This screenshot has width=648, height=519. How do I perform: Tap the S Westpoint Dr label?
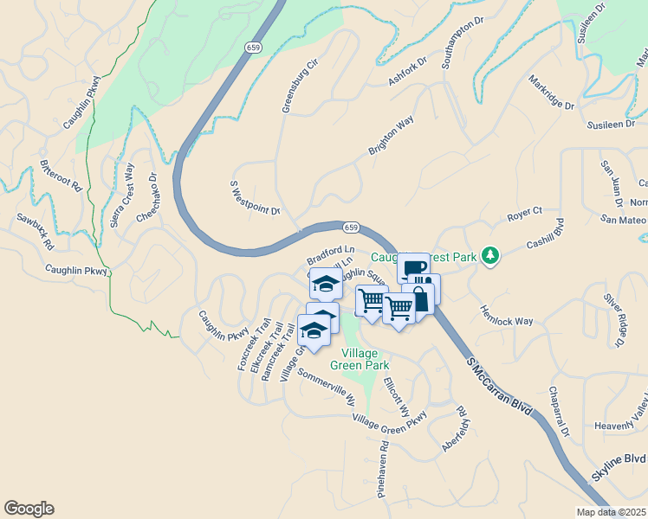(255, 198)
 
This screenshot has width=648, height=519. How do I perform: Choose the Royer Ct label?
(524, 210)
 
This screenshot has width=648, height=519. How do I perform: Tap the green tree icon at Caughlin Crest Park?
(491, 255)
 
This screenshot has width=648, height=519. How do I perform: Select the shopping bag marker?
(419, 300)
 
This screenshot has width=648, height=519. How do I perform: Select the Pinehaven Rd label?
(382, 471)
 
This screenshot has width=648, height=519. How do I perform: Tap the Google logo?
(29, 509)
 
